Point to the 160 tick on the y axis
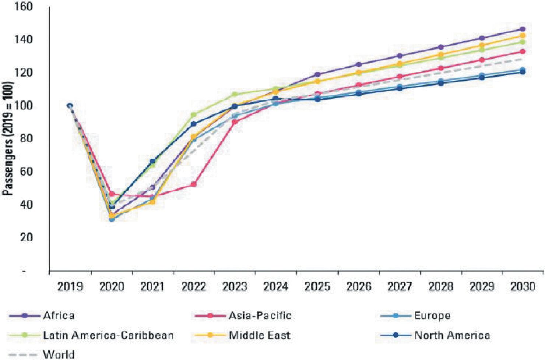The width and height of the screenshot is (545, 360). click(x=24, y=7)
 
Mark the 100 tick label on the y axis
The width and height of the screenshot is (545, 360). click(x=24, y=106)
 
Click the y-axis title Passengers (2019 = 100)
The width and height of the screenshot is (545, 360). click(x=8, y=138)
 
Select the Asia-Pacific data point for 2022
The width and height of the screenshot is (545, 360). click(x=194, y=184)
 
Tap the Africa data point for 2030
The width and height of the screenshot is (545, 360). click(x=523, y=29)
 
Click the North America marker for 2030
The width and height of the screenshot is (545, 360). click(x=523, y=72)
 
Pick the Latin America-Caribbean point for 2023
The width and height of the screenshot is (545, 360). click(x=235, y=95)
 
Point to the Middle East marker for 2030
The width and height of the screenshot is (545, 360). click(x=523, y=35)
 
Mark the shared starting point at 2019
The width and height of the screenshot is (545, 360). click(x=70, y=106)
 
